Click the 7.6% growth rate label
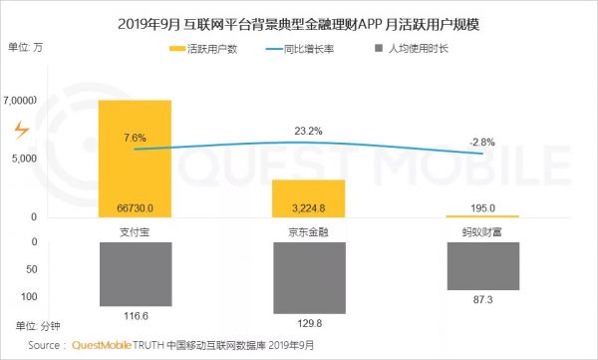tap(136, 137)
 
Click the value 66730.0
tap(135, 208)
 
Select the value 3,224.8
tap(308, 208)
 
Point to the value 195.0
tap(482, 208)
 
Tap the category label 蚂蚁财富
tap(482, 230)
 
